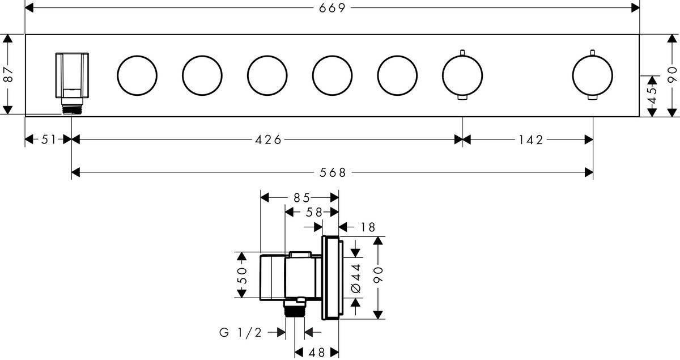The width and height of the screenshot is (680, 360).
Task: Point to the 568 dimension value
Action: coord(333,173)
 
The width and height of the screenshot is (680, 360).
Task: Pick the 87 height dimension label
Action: coord(8,74)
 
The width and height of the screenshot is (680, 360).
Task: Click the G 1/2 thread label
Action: coord(240,333)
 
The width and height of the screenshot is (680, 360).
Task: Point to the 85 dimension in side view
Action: coord(301,198)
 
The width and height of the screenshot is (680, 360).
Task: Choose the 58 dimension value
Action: coord(314,212)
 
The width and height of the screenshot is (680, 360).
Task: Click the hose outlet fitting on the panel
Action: coord(72,82)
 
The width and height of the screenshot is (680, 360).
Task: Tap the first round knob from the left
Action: coord(137,76)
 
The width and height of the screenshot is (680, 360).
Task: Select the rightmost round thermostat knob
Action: coord(592,76)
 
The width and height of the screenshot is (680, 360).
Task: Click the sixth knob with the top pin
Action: coord(462,76)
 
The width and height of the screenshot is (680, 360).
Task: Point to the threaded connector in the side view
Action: coord(295,309)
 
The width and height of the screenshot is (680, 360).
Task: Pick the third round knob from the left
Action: coord(267,76)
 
